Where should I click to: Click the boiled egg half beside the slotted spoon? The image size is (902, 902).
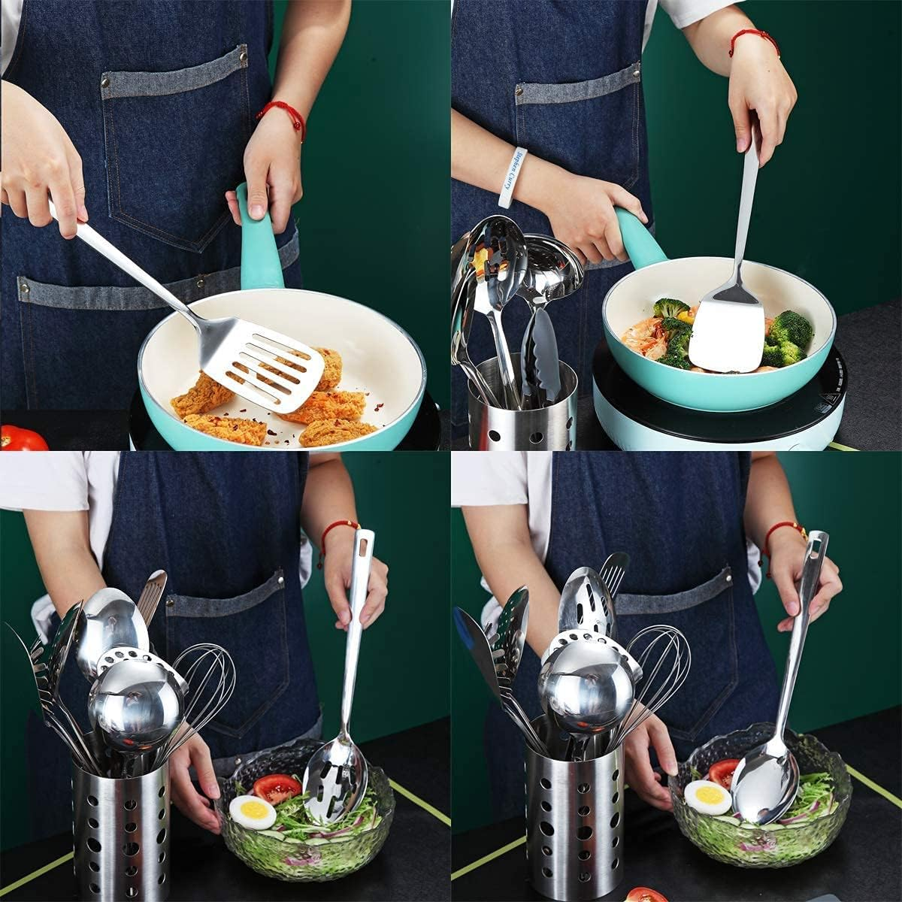[252, 812]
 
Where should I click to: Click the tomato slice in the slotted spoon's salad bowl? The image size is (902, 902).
[277, 788]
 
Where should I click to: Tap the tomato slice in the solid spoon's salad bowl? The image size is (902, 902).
[723, 771]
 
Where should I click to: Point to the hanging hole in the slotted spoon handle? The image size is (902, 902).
[365, 543]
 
